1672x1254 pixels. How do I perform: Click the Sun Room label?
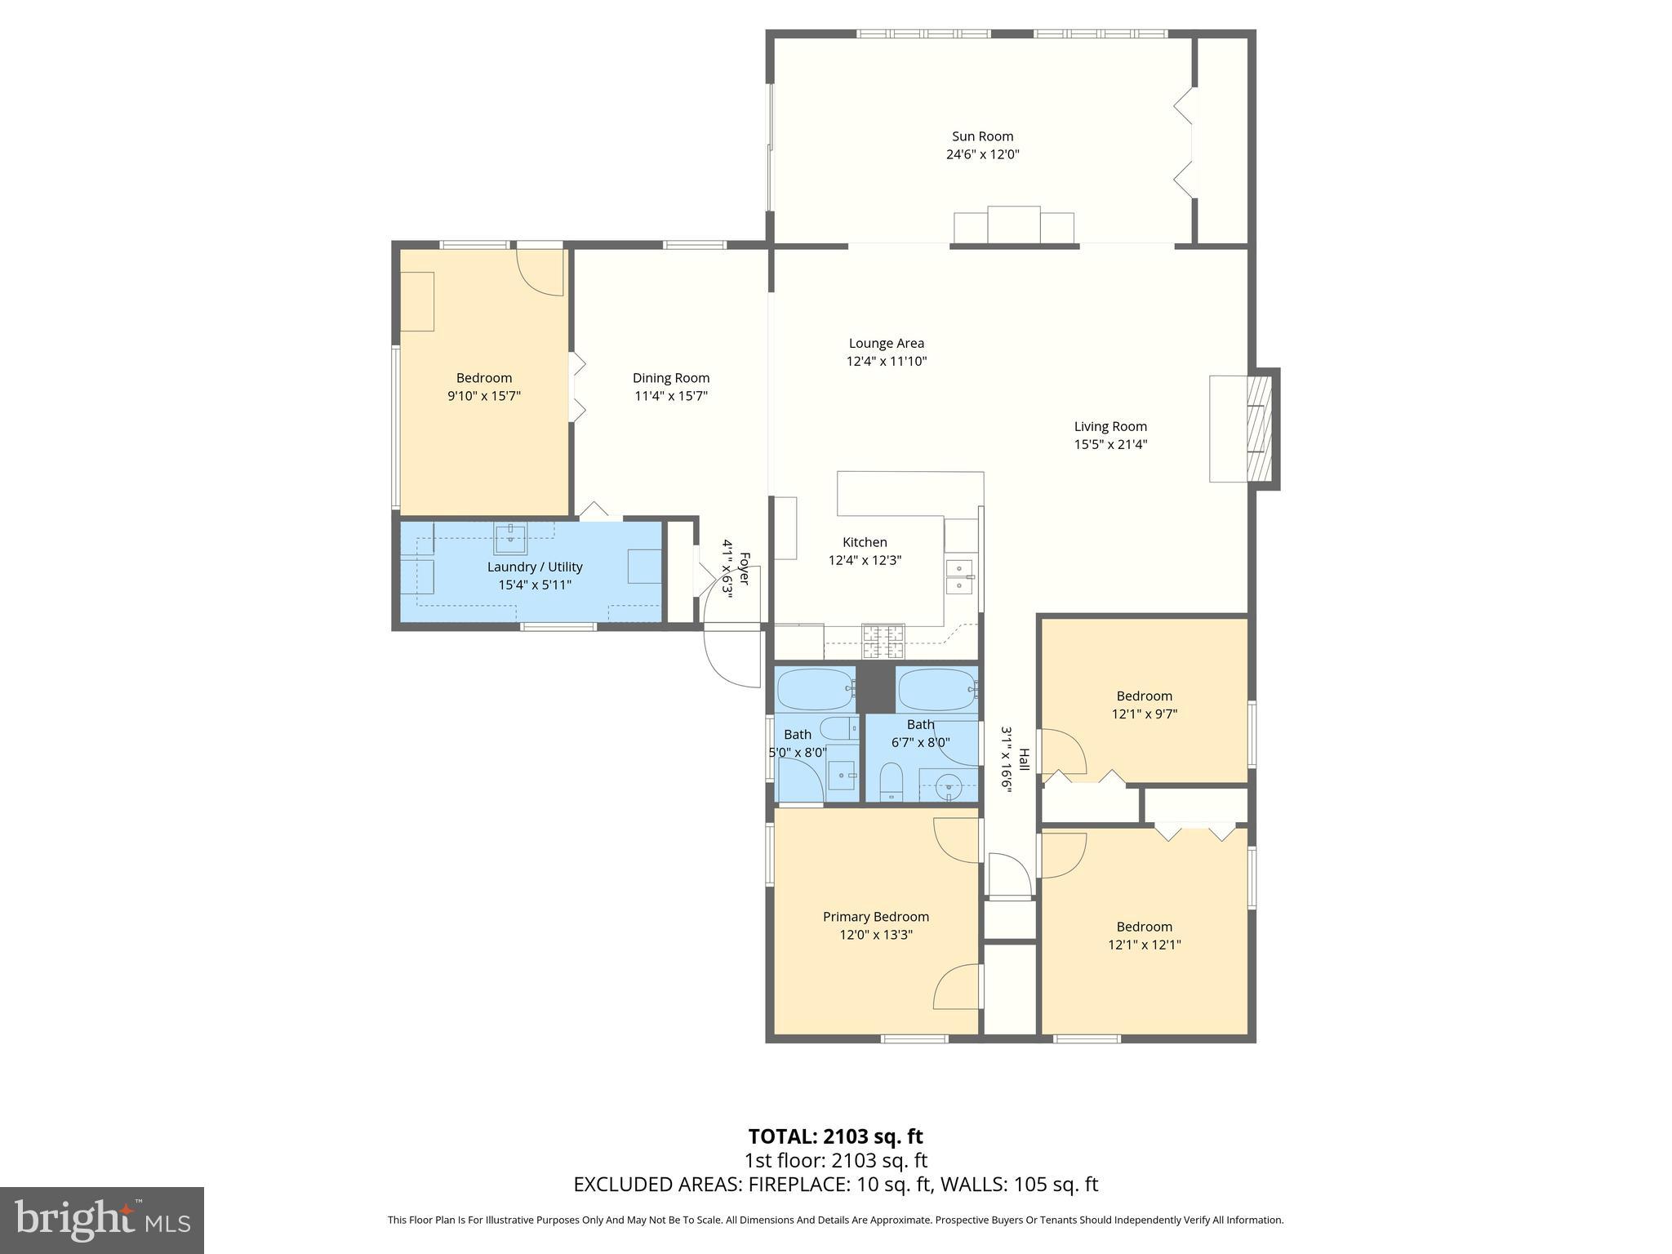point(982,136)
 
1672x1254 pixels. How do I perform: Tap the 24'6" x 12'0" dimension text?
point(982,154)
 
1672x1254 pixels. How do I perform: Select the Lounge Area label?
point(886,344)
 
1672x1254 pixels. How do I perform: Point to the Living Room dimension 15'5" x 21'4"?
point(1110,445)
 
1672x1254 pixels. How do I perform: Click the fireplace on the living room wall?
point(1260,428)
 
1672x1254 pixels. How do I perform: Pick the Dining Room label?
point(670,378)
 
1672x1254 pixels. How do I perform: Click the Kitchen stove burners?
point(883,641)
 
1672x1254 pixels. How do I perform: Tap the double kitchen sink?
point(959,576)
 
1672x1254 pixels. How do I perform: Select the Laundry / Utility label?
point(535,567)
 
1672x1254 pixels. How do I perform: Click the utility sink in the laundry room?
point(511,538)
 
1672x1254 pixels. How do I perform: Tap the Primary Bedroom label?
point(875,917)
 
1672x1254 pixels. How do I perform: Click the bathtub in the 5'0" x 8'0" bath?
point(814,690)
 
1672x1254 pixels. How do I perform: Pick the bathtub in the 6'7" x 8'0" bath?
point(937,690)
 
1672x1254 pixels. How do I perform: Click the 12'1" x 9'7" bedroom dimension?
point(1144,714)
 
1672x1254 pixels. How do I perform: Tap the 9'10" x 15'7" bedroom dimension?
point(483,396)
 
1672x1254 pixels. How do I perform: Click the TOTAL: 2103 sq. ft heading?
point(835,1136)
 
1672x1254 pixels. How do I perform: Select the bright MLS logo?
point(102,1221)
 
